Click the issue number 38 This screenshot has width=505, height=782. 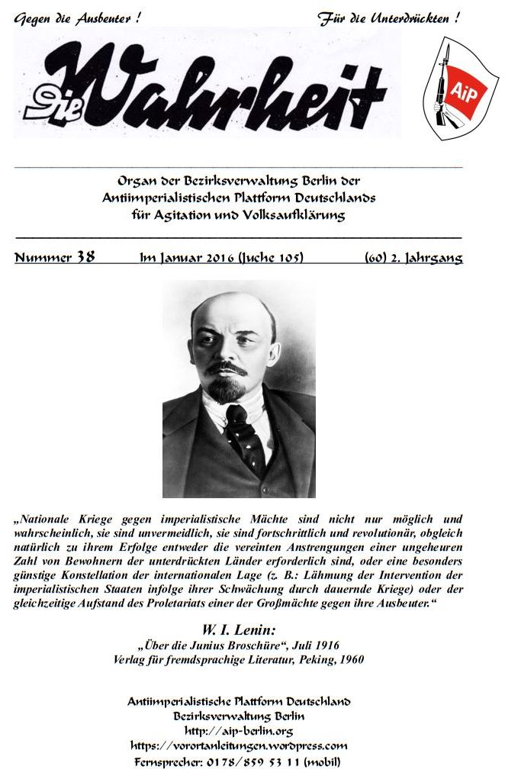[85, 257]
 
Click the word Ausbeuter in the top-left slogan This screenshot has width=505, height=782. [101, 18]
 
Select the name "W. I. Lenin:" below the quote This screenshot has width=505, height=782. [237, 630]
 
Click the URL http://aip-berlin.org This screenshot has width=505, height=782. [239, 731]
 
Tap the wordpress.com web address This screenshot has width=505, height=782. [239, 745]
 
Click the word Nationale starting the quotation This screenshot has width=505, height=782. [45, 518]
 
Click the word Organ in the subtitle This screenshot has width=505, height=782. [134, 182]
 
